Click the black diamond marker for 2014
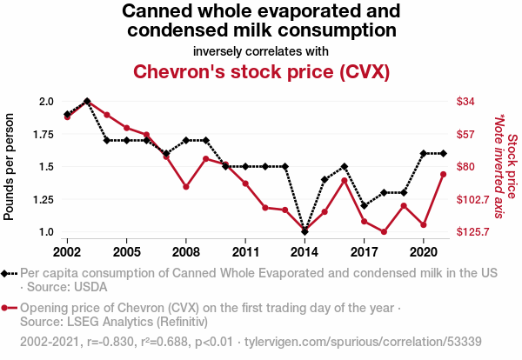tap(304, 231)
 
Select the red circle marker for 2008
tap(186, 187)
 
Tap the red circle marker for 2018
tap(384, 232)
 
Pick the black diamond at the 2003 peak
tap(87, 101)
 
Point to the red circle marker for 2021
tap(443, 174)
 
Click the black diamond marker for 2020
tap(424, 153)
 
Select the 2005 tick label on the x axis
tap(126, 252)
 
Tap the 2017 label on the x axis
tap(365, 252)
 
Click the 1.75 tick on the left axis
tap(43, 135)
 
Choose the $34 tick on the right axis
tap(465, 101)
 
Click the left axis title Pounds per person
tap(9, 167)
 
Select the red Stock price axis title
tap(512, 166)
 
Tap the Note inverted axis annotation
tap(499, 166)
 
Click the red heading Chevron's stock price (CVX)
tap(261, 72)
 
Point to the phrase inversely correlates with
tap(261, 51)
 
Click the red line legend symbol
tap(9, 308)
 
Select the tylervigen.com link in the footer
tap(363, 342)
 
